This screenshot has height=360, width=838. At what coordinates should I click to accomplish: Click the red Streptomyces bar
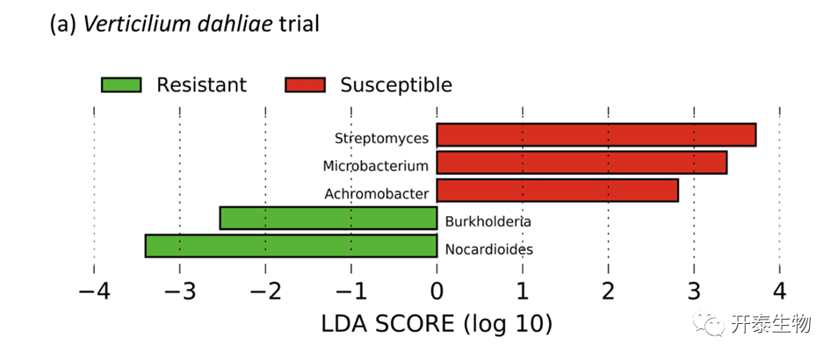click(596, 135)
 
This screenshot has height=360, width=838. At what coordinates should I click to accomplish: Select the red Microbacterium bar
click(582, 162)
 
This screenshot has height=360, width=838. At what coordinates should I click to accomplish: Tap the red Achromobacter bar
click(557, 191)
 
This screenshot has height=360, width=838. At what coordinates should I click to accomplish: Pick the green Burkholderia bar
click(328, 218)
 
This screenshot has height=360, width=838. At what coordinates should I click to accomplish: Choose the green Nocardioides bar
click(291, 246)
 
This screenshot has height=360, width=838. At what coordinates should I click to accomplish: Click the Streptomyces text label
click(381, 138)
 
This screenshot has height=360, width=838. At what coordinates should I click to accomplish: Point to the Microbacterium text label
click(375, 165)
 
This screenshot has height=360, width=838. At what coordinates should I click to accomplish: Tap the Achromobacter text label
click(376, 193)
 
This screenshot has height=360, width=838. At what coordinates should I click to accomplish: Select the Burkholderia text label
click(488, 221)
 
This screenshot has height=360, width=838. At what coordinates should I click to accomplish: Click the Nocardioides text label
click(488, 249)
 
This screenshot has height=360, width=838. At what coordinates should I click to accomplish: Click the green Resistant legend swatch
click(121, 85)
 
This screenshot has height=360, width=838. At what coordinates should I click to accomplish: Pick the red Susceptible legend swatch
click(305, 85)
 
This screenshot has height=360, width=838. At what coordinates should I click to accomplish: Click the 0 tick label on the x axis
click(437, 291)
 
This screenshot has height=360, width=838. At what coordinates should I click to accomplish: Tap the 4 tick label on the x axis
click(779, 291)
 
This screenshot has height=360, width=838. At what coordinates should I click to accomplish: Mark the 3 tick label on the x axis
click(694, 291)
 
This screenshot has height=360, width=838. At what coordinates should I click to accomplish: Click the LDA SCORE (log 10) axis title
click(436, 324)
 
